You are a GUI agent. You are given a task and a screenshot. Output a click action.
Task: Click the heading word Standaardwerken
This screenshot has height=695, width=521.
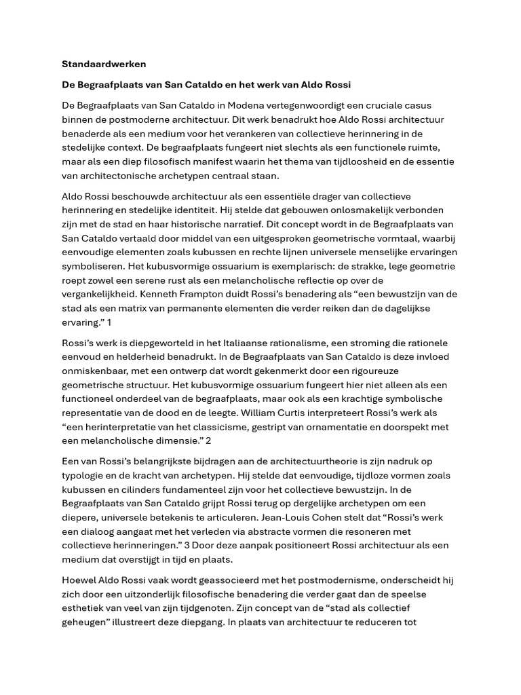click(x=104, y=64)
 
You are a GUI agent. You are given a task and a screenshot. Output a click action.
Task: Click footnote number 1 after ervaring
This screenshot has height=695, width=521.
click(x=109, y=322)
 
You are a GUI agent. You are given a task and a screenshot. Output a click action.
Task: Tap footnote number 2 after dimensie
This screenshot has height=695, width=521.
click(x=209, y=441)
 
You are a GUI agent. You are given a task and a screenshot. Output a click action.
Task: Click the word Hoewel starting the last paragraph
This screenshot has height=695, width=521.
click(x=81, y=580)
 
